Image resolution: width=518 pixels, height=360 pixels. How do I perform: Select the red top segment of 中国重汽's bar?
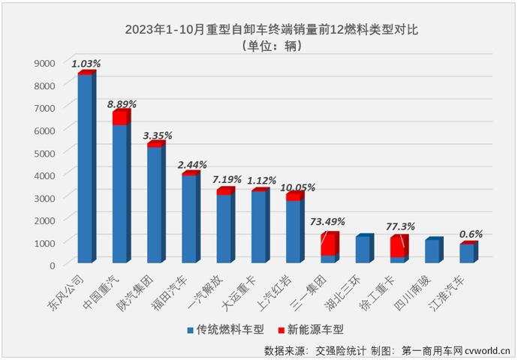pyautogui.click(x=120, y=118)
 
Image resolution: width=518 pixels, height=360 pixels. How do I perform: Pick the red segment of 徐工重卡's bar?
pyautogui.click(x=398, y=247)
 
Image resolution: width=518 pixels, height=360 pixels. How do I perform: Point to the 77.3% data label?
pyautogui.click(x=401, y=226)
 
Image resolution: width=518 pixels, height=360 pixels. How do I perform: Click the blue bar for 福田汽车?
pyautogui.click(x=189, y=218)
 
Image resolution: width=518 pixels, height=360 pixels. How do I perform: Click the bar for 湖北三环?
pyautogui.click(x=363, y=250)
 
